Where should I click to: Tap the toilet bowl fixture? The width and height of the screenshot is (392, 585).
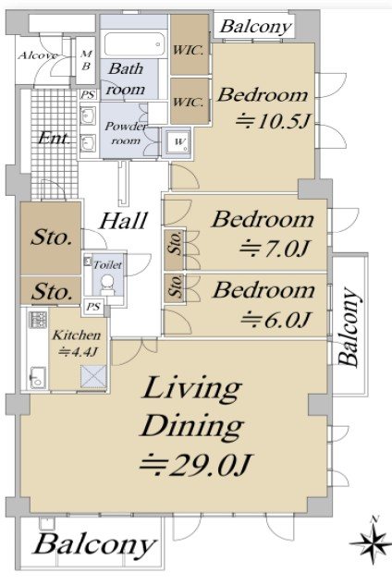pyautogui.click(x=107, y=285)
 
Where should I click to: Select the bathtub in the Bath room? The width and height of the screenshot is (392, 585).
pyautogui.click(x=134, y=44)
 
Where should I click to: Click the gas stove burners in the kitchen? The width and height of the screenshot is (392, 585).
pyautogui.click(x=38, y=320)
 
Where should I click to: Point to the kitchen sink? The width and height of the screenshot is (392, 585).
pyautogui.click(x=38, y=378)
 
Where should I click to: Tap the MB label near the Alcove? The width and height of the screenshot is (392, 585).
pyautogui.click(x=86, y=60)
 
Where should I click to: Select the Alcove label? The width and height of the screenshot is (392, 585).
pyautogui.click(x=38, y=55)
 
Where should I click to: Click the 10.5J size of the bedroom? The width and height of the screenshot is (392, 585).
pyautogui.click(x=275, y=120)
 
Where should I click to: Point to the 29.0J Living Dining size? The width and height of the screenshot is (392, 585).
pyautogui.click(x=197, y=465)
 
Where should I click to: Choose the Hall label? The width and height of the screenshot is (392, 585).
pyautogui.click(x=123, y=220)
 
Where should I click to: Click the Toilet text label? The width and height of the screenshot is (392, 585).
pyautogui.click(x=107, y=264)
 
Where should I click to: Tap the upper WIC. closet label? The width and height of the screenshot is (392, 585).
pyautogui.click(x=189, y=50)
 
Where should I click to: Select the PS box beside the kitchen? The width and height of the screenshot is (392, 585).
pyautogui.click(x=93, y=307)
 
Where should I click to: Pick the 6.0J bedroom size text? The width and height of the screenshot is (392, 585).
pyautogui.click(x=276, y=320)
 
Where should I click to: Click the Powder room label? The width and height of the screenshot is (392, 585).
pyautogui.click(x=126, y=133)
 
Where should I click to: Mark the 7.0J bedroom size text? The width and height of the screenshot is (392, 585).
pyautogui.click(x=276, y=249)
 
